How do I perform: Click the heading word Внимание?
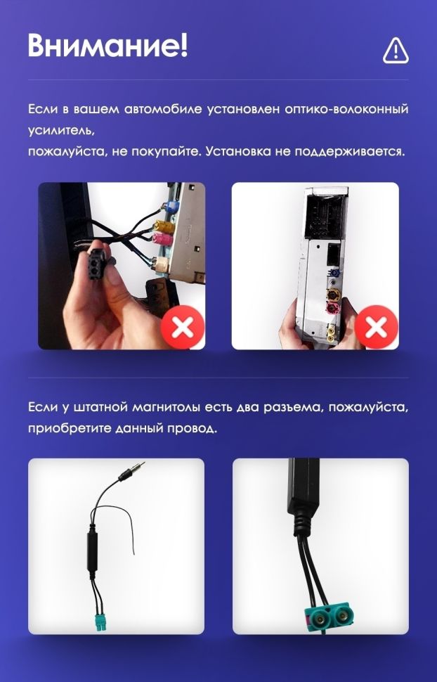click(x=108, y=44)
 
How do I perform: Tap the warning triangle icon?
click(x=396, y=51)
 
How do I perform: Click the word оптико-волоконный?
click(x=346, y=109)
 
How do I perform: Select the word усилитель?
click(x=61, y=131)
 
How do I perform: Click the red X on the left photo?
click(x=183, y=327)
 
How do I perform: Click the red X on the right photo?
click(x=377, y=327)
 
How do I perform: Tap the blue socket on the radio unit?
click(x=335, y=275)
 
